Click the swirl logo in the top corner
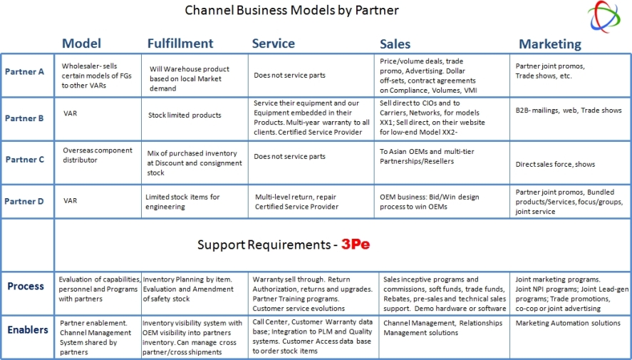pyautogui.click(x=603, y=16)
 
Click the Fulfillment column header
pyautogui.click(x=180, y=43)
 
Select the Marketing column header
pyautogui.click(x=550, y=44)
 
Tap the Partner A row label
pyautogui.click(x=24, y=72)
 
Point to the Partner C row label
pyautogui.click(x=25, y=160)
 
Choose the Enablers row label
pyautogui.click(x=28, y=330)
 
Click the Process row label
pyautogui.click(x=26, y=287)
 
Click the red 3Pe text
pyautogui.click(x=356, y=245)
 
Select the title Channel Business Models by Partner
pyautogui.click(x=292, y=10)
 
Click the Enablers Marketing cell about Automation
pyautogui.click(x=568, y=324)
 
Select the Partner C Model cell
pyautogui.click(x=97, y=155)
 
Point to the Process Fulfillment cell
pyautogui.click(x=188, y=289)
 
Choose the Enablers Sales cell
pyautogui.click(x=442, y=328)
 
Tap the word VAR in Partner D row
pyautogui.click(x=70, y=201)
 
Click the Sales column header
pyautogui.click(x=395, y=44)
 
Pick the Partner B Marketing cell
pyautogui.click(x=569, y=110)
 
